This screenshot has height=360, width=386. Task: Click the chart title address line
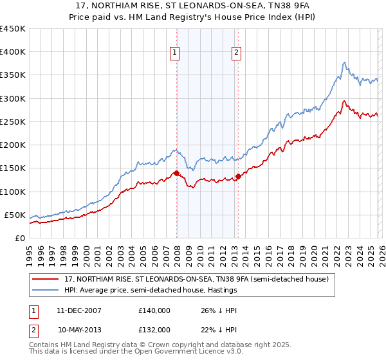192,6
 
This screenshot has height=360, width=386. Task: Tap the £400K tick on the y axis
13,52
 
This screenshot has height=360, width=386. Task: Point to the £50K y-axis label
15,215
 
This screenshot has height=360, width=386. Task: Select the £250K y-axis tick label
13,122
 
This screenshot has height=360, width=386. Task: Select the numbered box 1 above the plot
175,53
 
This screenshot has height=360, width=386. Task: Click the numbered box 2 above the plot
237,53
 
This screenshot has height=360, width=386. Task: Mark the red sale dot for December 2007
176,173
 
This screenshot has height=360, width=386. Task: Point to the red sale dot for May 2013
238,176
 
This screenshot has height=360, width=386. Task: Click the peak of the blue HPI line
345,62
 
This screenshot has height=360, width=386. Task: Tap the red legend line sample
46,279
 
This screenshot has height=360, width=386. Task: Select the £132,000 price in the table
154,329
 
